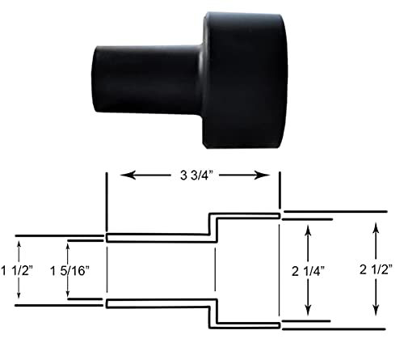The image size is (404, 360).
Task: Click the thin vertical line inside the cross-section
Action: [214, 272]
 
